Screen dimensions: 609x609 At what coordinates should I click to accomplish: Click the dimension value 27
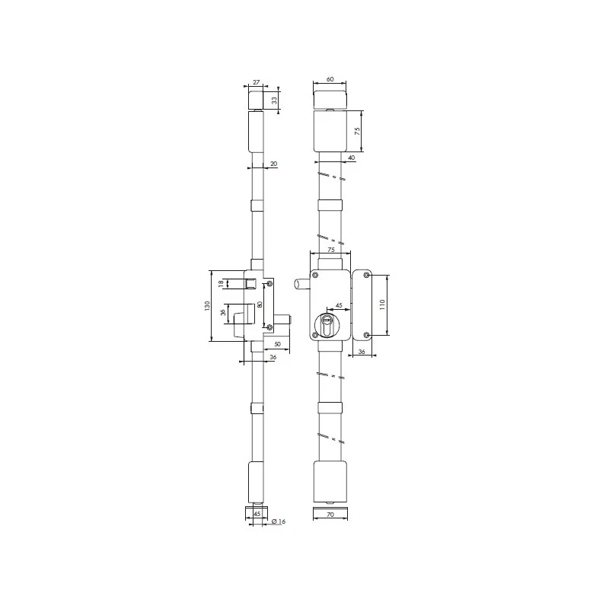[257, 82]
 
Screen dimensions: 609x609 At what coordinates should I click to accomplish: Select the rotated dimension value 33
[275, 100]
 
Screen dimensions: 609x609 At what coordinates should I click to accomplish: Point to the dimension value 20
[274, 164]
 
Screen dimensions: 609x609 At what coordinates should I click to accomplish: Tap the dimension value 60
[330, 79]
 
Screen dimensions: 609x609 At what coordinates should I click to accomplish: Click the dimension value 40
[351, 158]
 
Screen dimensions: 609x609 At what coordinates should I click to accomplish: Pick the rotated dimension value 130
[207, 306]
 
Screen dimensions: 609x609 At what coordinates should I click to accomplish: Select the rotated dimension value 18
[221, 284]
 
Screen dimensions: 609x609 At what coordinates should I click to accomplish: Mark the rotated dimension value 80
[260, 304]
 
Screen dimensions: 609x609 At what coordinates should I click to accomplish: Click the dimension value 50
[277, 344]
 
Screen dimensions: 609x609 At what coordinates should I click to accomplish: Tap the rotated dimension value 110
[382, 304]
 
